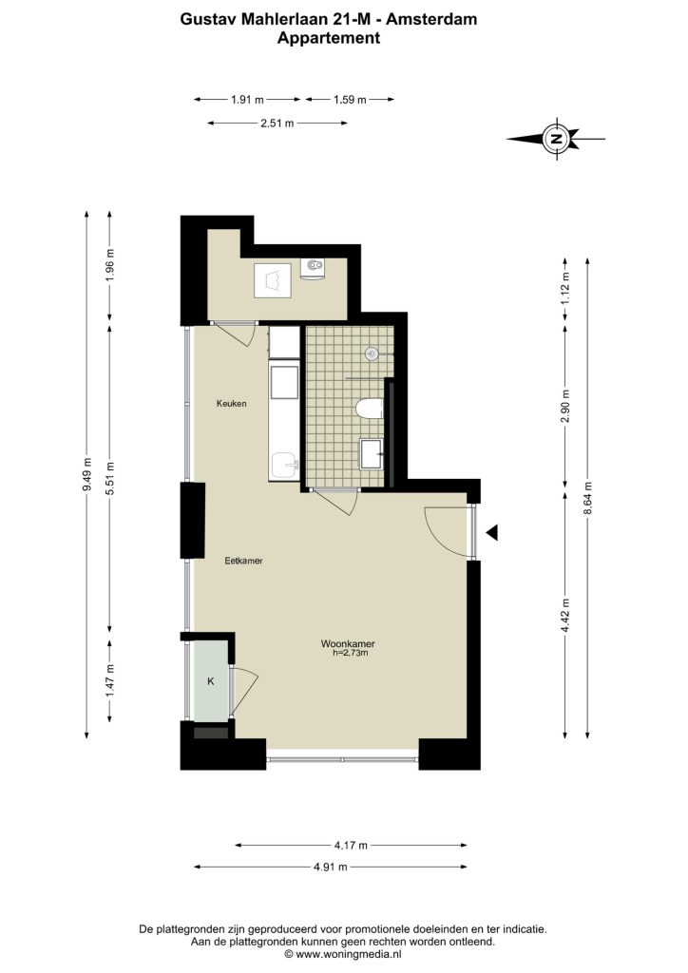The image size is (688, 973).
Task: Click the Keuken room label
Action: (x=232, y=403)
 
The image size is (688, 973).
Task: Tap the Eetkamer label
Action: (x=243, y=561)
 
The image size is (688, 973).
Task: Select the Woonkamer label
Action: (x=348, y=643)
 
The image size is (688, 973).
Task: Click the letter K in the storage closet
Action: (x=210, y=681)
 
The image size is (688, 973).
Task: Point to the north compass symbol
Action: (x=557, y=139)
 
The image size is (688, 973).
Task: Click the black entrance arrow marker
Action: (x=492, y=532)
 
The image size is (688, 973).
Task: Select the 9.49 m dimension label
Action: (x=86, y=475)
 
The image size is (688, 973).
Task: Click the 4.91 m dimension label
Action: (x=331, y=867)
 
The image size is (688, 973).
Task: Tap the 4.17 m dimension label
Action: (x=351, y=845)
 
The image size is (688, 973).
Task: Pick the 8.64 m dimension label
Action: (x=587, y=498)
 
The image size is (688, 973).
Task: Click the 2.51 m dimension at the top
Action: (x=277, y=123)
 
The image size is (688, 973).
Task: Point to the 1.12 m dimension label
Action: (x=564, y=289)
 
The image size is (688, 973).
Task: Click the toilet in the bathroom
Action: (x=371, y=409)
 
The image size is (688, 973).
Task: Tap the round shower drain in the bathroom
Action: (x=372, y=353)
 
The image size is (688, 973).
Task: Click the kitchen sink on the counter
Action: (x=285, y=466)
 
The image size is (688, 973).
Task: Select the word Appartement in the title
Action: (x=328, y=38)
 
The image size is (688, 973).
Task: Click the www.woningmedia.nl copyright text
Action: (x=343, y=954)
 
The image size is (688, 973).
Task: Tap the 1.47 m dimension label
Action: (x=110, y=680)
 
